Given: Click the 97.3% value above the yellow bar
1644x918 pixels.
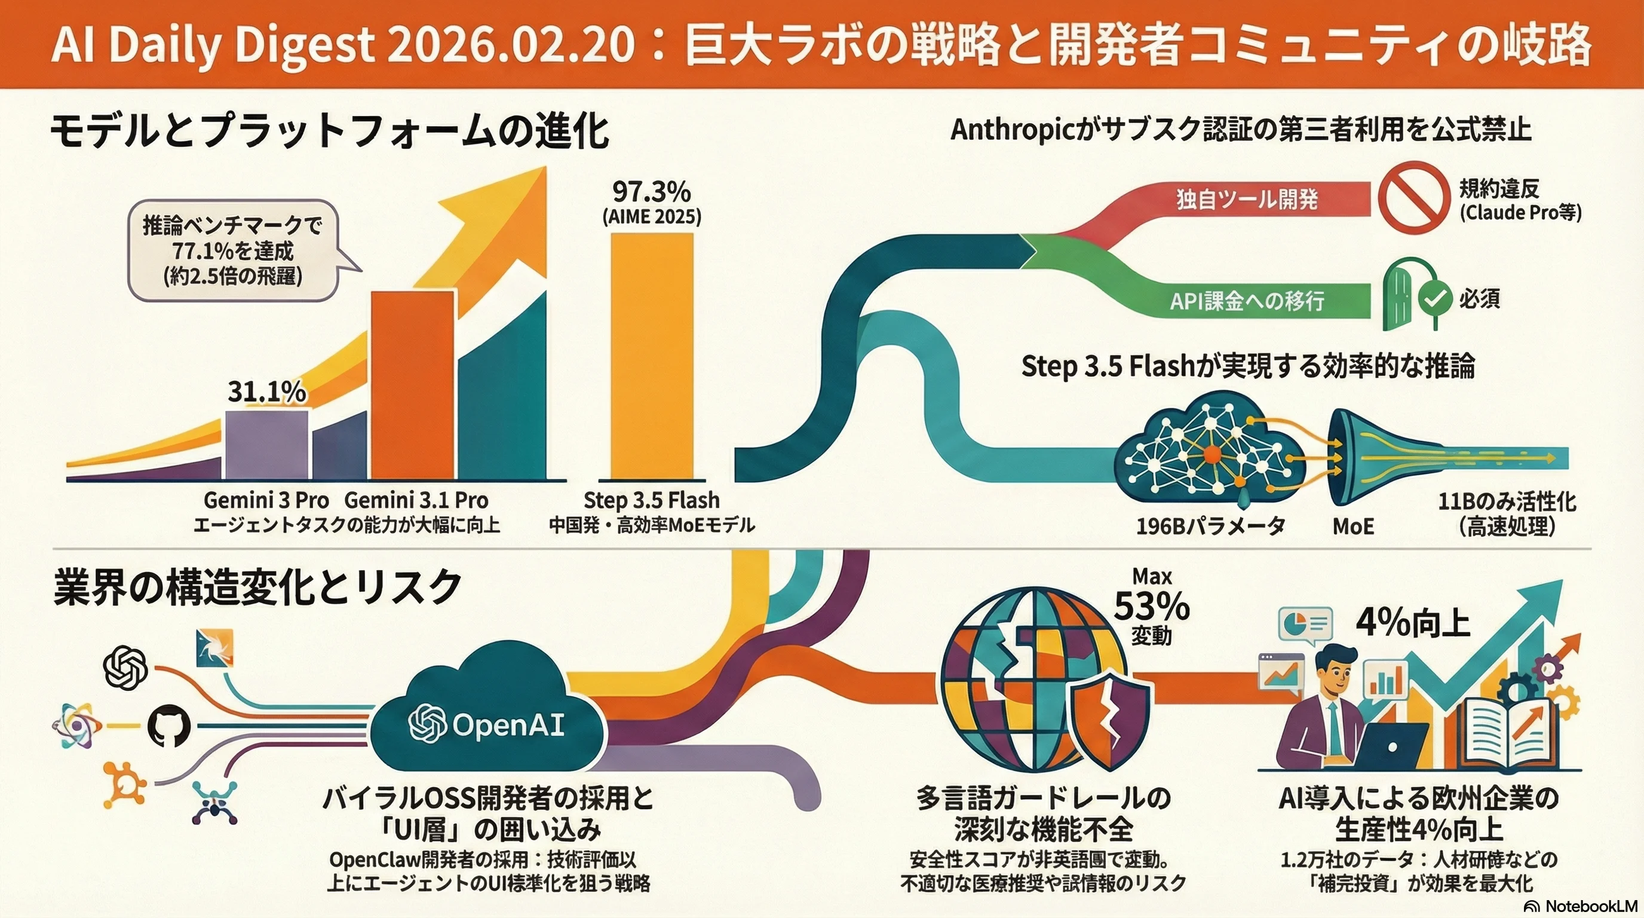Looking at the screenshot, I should coord(652,191).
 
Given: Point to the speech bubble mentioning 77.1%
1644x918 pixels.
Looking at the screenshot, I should coord(233,250).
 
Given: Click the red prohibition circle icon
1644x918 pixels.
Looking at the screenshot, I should coord(1412,196).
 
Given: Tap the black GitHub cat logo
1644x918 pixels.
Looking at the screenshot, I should coord(169,727).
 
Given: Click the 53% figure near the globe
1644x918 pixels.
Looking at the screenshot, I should coord(1152,607).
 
